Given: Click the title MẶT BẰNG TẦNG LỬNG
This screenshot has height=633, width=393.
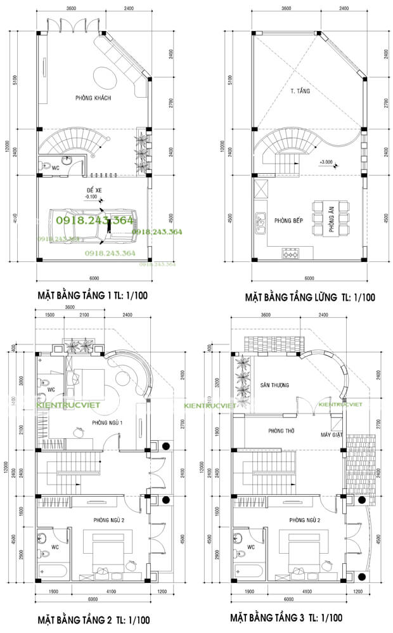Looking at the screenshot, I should [311, 296].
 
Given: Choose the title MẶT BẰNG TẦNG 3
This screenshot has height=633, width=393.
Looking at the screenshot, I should [287, 617].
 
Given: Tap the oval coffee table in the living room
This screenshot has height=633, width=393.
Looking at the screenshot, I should [105, 77].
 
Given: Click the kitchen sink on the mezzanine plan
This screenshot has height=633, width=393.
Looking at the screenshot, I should [260, 222].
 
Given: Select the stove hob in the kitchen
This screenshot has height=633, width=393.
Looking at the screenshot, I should [291, 254].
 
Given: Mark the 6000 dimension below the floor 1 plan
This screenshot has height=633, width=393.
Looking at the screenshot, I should [94, 277].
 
